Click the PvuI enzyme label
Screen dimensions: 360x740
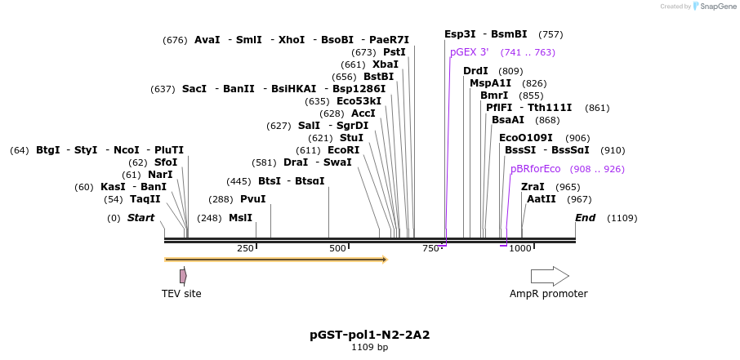[x=252, y=198]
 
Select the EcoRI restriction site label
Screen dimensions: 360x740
[x=343, y=150]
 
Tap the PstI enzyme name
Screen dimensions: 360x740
[x=395, y=52]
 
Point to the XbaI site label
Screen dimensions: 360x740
[x=386, y=64]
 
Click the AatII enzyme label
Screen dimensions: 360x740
[x=542, y=198]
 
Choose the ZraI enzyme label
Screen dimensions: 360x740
[x=533, y=187]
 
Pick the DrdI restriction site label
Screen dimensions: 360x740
[x=475, y=71]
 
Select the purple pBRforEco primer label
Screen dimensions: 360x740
[x=536, y=169]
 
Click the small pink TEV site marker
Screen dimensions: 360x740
[x=183, y=276]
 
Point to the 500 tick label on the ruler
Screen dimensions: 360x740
[x=337, y=248]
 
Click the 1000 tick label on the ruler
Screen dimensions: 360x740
[x=520, y=248]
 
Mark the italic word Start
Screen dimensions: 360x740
[x=140, y=218]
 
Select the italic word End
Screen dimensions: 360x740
[x=586, y=218]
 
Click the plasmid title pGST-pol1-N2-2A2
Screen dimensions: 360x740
[x=369, y=335]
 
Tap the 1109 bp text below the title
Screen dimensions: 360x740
[x=369, y=348]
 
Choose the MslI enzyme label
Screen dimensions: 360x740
[x=240, y=218]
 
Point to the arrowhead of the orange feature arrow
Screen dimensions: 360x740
[x=384, y=260]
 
